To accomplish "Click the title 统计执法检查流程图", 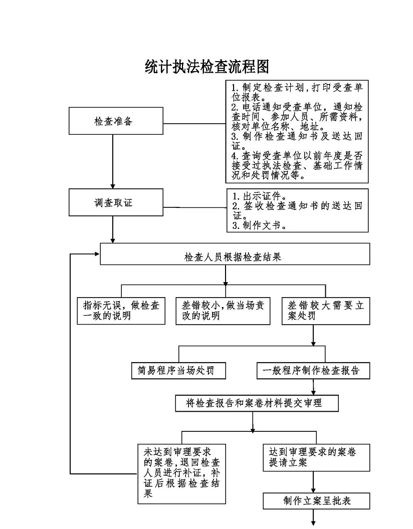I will [x=207, y=67].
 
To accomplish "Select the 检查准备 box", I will [x=115, y=121].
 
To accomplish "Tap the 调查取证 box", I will [x=115, y=202].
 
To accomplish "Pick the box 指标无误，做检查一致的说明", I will [x=121, y=311].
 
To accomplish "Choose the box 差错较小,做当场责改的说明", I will [x=223, y=311].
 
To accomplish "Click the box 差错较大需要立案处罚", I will [x=326, y=311].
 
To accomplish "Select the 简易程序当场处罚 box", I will [x=177, y=371].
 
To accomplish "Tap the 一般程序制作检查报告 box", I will [x=313, y=371].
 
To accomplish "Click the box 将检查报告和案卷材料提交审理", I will [x=256, y=403].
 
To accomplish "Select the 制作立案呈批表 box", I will [x=316, y=501].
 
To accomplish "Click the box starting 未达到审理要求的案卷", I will [x=181, y=473].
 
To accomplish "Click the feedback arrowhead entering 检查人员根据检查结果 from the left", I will [x=96, y=254].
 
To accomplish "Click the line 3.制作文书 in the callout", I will [x=259, y=225].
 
